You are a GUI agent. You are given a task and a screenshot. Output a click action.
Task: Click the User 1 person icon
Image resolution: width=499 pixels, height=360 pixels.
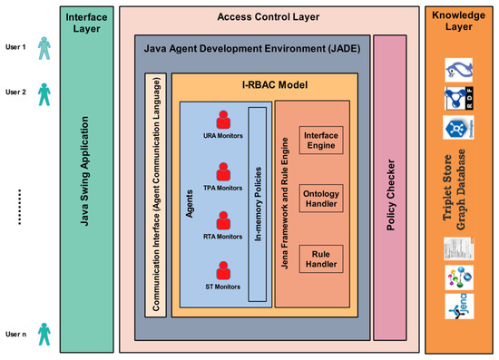[44, 49]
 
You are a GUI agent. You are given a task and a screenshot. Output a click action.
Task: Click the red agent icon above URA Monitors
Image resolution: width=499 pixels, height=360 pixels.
[224, 121]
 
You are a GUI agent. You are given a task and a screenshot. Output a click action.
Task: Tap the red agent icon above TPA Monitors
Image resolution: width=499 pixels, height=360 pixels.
[224, 171]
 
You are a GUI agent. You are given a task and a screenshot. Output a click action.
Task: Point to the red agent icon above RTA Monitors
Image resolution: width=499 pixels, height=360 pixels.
[224, 220]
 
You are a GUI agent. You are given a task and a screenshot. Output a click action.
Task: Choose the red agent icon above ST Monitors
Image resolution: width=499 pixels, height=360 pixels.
[224, 270]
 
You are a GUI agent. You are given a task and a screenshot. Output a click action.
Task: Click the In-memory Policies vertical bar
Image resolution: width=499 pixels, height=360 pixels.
[258, 203]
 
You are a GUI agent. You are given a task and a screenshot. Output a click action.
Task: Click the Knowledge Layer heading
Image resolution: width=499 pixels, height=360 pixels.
[460, 22]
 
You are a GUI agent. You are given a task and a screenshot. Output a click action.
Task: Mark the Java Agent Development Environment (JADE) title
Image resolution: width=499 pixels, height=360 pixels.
[251, 46]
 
